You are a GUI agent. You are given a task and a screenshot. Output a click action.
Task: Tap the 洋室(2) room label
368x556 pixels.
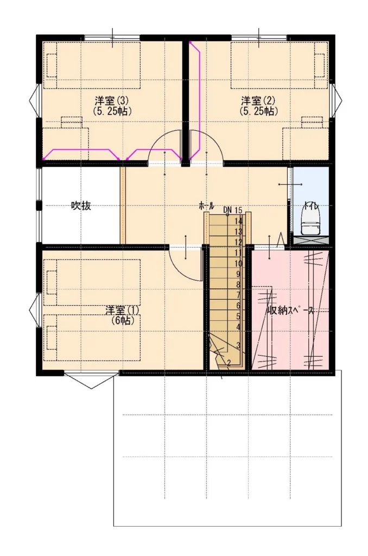pos(258,101)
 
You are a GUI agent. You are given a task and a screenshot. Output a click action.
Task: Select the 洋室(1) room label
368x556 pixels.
pos(122,310)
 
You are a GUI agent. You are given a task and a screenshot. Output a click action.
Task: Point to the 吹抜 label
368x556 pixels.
pos(81,206)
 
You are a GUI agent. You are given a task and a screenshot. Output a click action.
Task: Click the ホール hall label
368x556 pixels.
pos(206,205)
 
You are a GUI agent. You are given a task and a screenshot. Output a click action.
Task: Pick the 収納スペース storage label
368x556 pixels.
pos(290,311)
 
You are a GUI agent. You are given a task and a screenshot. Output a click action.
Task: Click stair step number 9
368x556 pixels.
pos(238,274)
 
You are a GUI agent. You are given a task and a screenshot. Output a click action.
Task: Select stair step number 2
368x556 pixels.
pos(229,363)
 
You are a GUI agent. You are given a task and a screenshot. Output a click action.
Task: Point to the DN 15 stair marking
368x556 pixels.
pos(233,210)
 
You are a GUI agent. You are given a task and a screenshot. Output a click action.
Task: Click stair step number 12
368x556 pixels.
pos(238,243)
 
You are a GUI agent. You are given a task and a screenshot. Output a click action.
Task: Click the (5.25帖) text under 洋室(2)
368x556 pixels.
pos(258,111)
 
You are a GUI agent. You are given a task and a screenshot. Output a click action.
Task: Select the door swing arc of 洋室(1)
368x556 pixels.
pos(180,271)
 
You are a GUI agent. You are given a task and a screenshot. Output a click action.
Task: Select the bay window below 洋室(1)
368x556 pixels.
pos(91,380)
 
